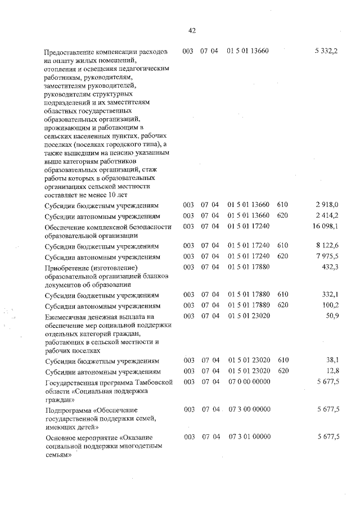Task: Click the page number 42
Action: tap(192, 30)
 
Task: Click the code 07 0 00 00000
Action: tap(250, 382)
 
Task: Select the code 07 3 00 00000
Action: tap(250, 410)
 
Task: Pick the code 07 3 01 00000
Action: tap(250, 437)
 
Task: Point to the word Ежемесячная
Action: tap(67, 317)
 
